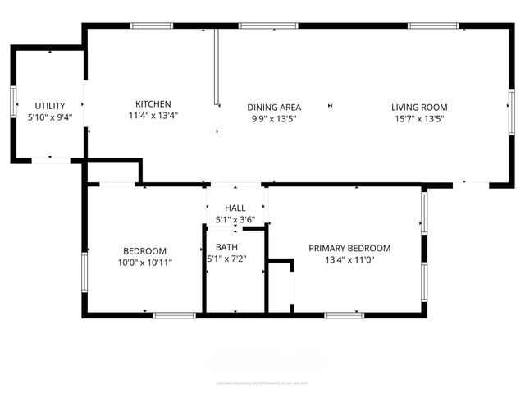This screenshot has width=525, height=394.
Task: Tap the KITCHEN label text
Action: click(x=153, y=104)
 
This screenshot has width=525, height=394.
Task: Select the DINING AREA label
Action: click(x=274, y=107)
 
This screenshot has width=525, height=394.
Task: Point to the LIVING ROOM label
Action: click(x=419, y=107)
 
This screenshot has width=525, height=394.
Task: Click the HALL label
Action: click(x=235, y=208)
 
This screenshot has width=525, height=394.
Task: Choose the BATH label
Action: click(x=226, y=247)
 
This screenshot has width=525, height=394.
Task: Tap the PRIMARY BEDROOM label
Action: click(x=349, y=248)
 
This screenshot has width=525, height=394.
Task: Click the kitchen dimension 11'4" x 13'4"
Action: click(x=153, y=117)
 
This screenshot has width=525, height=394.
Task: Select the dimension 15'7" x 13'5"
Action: click(x=419, y=118)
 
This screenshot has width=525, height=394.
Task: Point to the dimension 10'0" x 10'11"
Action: click(x=145, y=263)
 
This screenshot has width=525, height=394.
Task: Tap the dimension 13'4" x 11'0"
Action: click(x=349, y=260)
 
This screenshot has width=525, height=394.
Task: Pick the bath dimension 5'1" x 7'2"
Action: click(x=226, y=259)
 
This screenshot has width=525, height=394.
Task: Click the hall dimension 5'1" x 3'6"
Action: click(x=235, y=220)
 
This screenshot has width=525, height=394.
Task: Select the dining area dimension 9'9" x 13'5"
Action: click(x=274, y=118)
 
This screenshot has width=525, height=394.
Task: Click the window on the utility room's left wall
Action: click(x=12, y=100)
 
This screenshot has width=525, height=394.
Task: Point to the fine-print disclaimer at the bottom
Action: click(x=262, y=383)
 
